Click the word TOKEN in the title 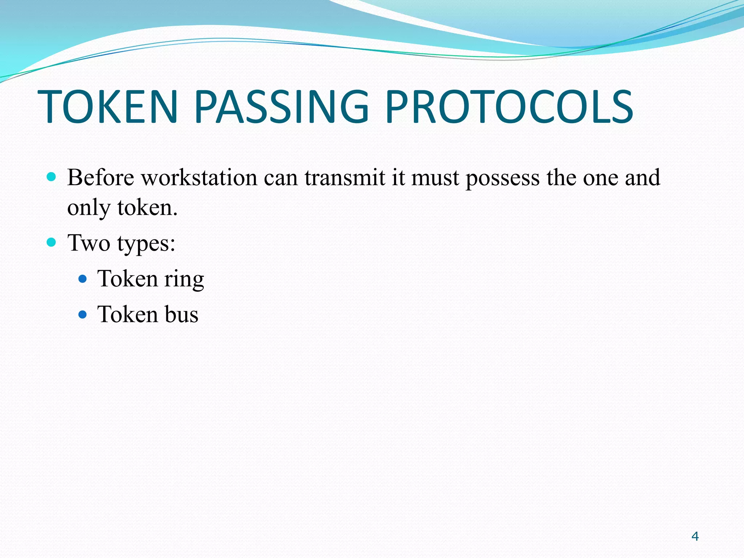[x=108, y=107]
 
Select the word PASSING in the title [x=282, y=107]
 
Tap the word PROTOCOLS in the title [x=509, y=107]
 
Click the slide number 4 [x=695, y=536]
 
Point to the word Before [x=101, y=178]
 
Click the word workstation [x=199, y=178]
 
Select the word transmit [x=345, y=178]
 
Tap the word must [x=435, y=178]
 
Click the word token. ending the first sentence [x=147, y=207]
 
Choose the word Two [x=89, y=243]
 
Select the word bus [x=181, y=314]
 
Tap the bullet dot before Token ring [x=83, y=279]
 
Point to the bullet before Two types [x=52, y=242]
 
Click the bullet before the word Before [x=52, y=177]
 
